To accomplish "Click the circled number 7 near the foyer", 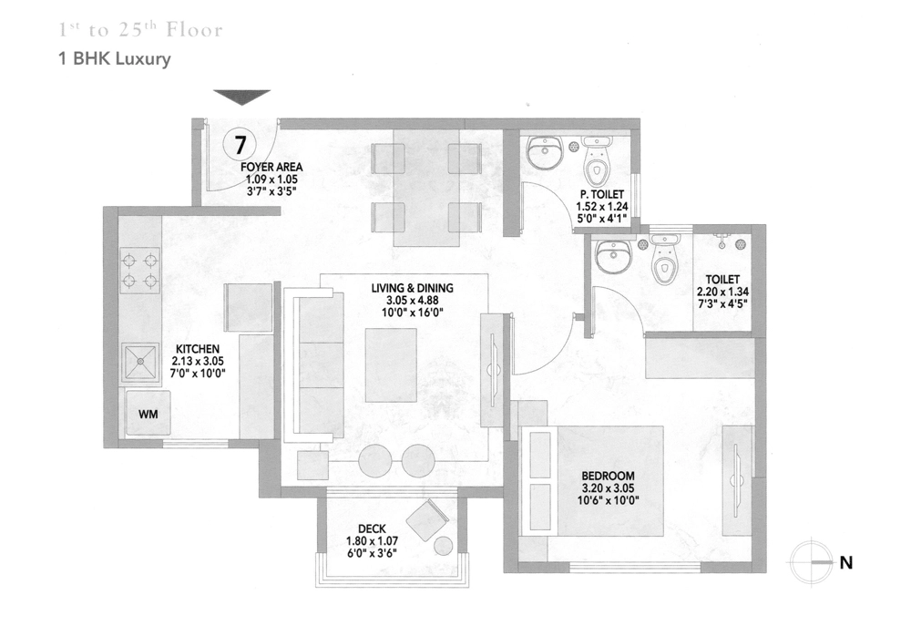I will pyautogui.click(x=239, y=144).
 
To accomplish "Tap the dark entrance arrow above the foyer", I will pyautogui.click(x=242, y=97).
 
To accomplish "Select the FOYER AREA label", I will pyautogui.click(x=271, y=168).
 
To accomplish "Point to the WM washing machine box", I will pyautogui.click(x=148, y=414).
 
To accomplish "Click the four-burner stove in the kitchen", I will pyautogui.click(x=139, y=270).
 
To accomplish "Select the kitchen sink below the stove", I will pyautogui.click(x=140, y=363).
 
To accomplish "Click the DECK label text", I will pyautogui.click(x=371, y=528).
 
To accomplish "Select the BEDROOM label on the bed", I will pyautogui.click(x=609, y=476).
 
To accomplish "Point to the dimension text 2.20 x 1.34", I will pyautogui.click(x=727, y=292).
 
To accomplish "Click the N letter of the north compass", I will pyautogui.click(x=845, y=563).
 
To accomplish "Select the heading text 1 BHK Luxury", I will pyautogui.click(x=115, y=60).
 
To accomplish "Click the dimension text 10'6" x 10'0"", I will pyautogui.click(x=609, y=499).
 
